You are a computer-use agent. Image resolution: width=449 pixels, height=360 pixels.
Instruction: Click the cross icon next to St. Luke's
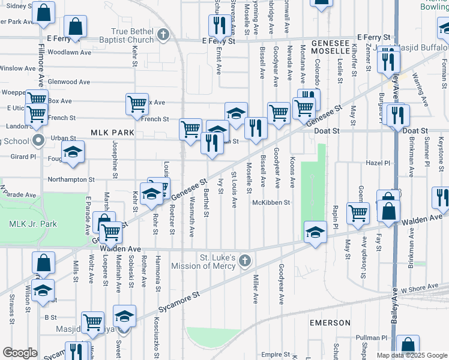pos(244,261)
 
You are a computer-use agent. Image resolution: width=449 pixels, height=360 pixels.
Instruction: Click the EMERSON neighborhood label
pos(330,323)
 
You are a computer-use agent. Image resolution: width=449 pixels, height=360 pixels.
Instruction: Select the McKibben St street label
pos(271,202)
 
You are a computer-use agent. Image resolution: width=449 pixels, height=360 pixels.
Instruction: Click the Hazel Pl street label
pos(378,163)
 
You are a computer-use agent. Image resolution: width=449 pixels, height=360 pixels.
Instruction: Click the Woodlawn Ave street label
pos(69,52)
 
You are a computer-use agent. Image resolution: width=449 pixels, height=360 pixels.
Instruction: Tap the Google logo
pos(20,353)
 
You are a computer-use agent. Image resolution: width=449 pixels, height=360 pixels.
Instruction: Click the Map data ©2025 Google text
pos(411,355)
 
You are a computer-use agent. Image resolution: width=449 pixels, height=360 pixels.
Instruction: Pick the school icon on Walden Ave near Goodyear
pos(315,233)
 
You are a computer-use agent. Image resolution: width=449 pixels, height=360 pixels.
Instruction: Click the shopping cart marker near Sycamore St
pos(92,322)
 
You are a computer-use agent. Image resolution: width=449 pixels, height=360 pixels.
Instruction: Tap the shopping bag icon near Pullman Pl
pos(408,345)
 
